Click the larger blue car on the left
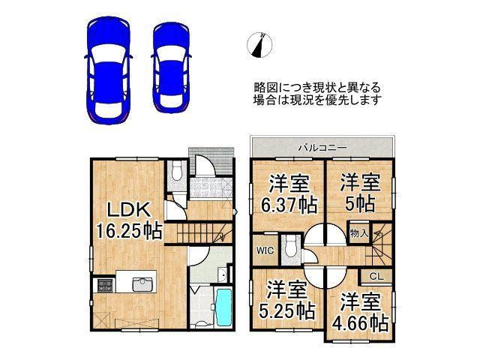pos(109,70)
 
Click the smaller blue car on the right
pos(172,67)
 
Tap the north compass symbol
pos(259,45)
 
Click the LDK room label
pos(128,211)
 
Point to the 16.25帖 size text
pos(129,232)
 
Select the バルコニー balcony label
pos(322,148)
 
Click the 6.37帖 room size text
pos(288,205)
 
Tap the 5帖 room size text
pos(360,203)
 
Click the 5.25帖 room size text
pos(286,311)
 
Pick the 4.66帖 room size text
pos(360,323)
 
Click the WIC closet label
pos(265,250)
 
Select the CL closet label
pos(376,277)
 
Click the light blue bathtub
pos(223,308)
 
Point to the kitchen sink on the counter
pos(142,285)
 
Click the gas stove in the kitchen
pos(105,285)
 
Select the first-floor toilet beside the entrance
pos(177,172)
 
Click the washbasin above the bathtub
pos(223,275)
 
